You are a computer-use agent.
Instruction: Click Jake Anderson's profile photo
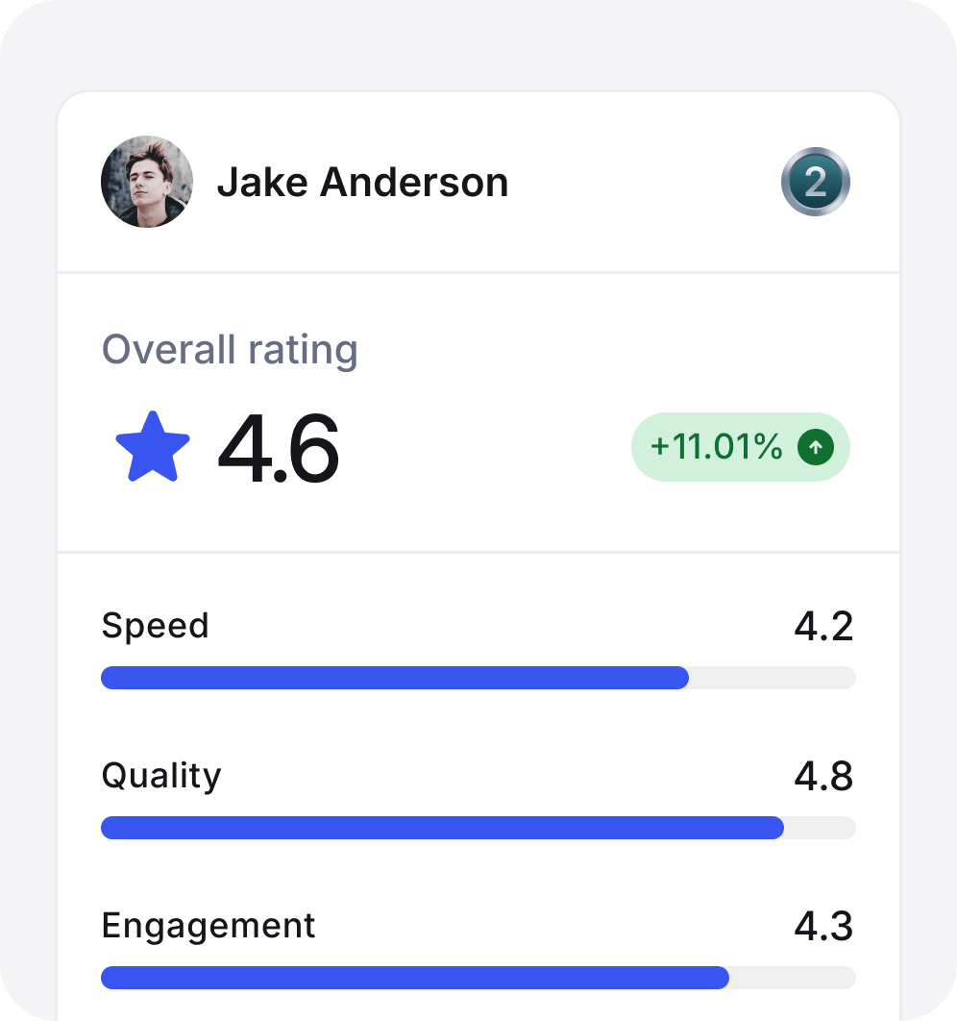click(147, 182)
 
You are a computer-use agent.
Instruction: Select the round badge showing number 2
click(816, 182)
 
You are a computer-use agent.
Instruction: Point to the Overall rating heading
click(230, 350)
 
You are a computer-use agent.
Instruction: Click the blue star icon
click(153, 447)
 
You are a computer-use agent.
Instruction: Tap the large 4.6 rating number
click(279, 449)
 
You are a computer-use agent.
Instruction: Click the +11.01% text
click(716, 447)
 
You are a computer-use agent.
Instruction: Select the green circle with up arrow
click(816, 447)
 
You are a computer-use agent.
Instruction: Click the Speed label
click(155, 627)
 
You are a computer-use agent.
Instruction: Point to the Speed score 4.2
click(823, 627)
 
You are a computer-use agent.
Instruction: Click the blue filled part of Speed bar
click(394, 678)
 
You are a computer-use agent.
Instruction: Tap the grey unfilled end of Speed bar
click(773, 678)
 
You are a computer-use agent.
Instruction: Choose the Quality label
click(161, 776)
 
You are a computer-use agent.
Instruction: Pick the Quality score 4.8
click(823, 777)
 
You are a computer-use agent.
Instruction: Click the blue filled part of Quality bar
click(442, 828)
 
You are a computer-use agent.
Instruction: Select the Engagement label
click(209, 926)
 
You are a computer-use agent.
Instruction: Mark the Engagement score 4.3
click(823, 927)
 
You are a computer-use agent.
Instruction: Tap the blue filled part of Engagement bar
click(413, 978)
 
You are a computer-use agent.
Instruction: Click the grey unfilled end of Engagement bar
click(793, 978)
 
